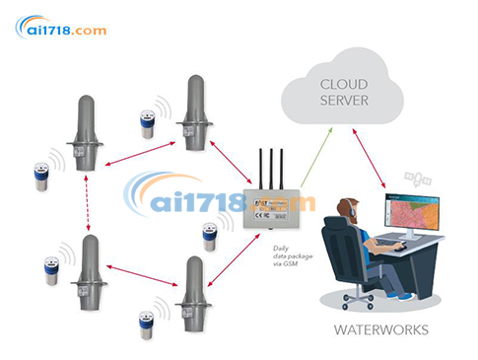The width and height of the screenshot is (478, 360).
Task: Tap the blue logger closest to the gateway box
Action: [210, 238]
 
